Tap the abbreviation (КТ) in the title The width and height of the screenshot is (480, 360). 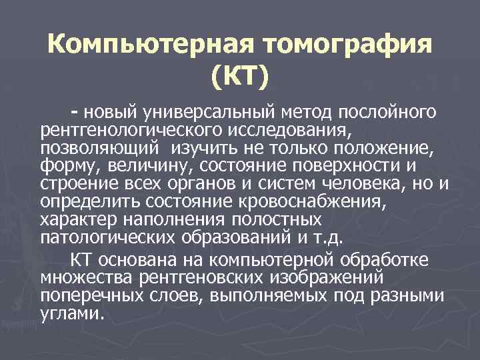240,79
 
